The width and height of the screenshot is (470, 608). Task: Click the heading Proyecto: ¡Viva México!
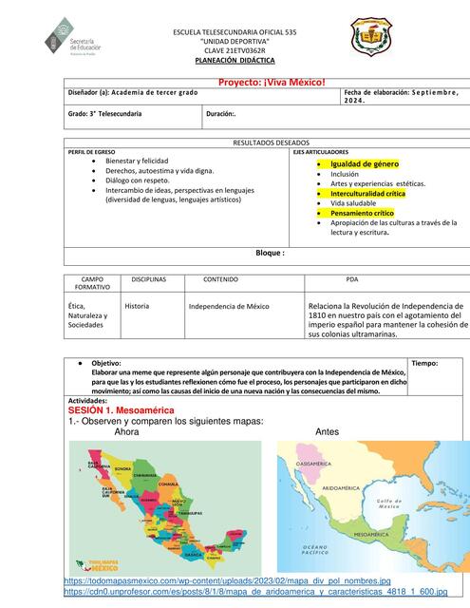[x=272, y=82]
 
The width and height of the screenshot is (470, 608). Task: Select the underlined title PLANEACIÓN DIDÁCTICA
[x=235, y=59]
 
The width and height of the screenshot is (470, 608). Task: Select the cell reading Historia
[x=137, y=306]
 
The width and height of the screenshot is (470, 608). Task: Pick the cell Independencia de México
[x=229, y=307]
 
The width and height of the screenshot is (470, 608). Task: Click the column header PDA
[x=352, y=280]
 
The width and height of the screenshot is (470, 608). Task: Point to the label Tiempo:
[x=425, y=363]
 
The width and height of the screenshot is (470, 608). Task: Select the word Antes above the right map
[x=327, y=431]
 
